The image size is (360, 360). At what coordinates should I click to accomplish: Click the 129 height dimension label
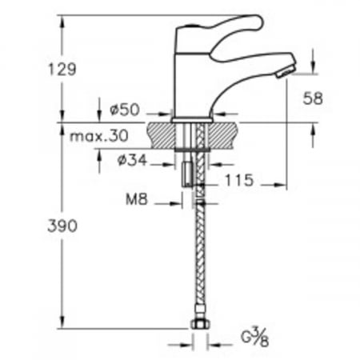click(x=62, y=69)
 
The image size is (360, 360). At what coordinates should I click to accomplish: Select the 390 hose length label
click(x=62, y=226)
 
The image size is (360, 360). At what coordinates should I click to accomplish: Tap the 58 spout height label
click(x=313, y=98)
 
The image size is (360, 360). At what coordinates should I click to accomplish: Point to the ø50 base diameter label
click(x=125, y=110)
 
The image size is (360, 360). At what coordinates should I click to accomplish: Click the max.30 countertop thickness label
click(x=99, y=136)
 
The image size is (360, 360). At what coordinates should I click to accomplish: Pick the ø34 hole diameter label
click(x=132, y=160)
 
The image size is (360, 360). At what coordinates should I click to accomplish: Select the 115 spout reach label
click(x=239, y=180)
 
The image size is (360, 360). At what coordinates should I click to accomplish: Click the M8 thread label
click(x=137, y=199)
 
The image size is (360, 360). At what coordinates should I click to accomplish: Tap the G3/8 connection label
click(x=254, y=337)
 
